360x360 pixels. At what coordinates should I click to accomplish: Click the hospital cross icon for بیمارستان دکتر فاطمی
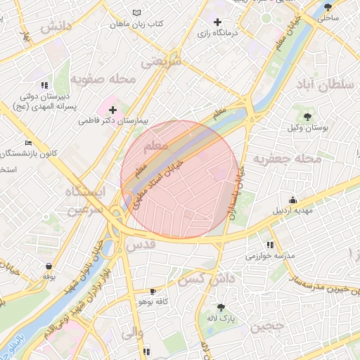pyautogui.click(x=112, y=110)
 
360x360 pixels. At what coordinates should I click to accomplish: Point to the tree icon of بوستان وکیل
pyautogui.click(x=307, y=115)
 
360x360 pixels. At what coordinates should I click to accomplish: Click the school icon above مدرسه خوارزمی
pyautogui.click(x=270, y=245)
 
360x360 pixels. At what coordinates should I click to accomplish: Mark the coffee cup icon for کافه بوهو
pyautogui.click(x=153, y=290)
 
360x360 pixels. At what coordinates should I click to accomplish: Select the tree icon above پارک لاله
pyautogui.click(x=221, y=307)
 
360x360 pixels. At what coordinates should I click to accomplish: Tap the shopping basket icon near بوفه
pyautogui.click(x=49, y=266)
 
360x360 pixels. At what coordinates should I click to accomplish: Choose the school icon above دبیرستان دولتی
pyautogui.click(x=44, y=84)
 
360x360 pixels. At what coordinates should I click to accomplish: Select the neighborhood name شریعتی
pyautogui.click(x=161, y=61)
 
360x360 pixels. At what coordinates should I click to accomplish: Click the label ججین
pyautogui.click(x=269, y=326)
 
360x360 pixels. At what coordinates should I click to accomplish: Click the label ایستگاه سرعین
pyautogui.click(x=84, y=200)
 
